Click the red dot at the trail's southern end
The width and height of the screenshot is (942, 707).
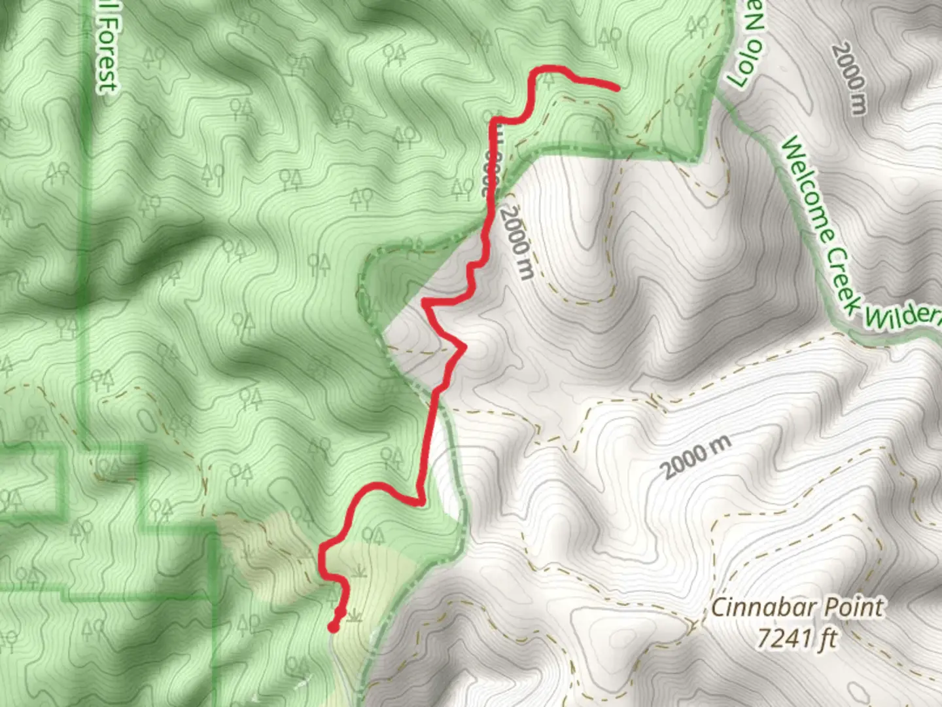pos(333,628)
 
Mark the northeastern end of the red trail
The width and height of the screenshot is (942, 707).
pos(617,87)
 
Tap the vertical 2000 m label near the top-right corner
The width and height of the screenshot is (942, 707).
pos(849,79)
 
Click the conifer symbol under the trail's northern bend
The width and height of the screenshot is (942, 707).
pos(548,79)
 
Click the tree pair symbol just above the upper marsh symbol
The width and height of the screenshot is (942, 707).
pos(374,536)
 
